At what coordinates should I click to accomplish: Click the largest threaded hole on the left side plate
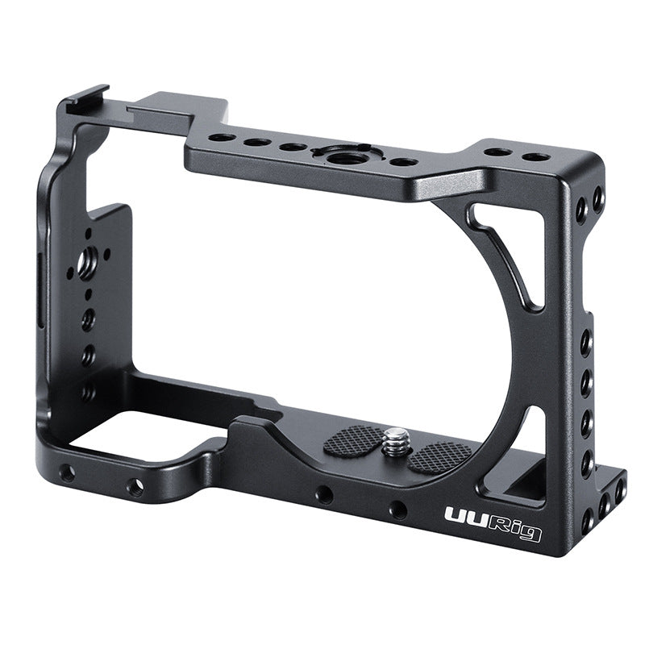tap(86, 260)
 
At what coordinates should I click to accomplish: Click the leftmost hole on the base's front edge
tap(67, 474)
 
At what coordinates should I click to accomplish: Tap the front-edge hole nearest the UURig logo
tap(397, 510)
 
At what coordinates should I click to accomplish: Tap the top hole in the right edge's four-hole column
tap(586, 343)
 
